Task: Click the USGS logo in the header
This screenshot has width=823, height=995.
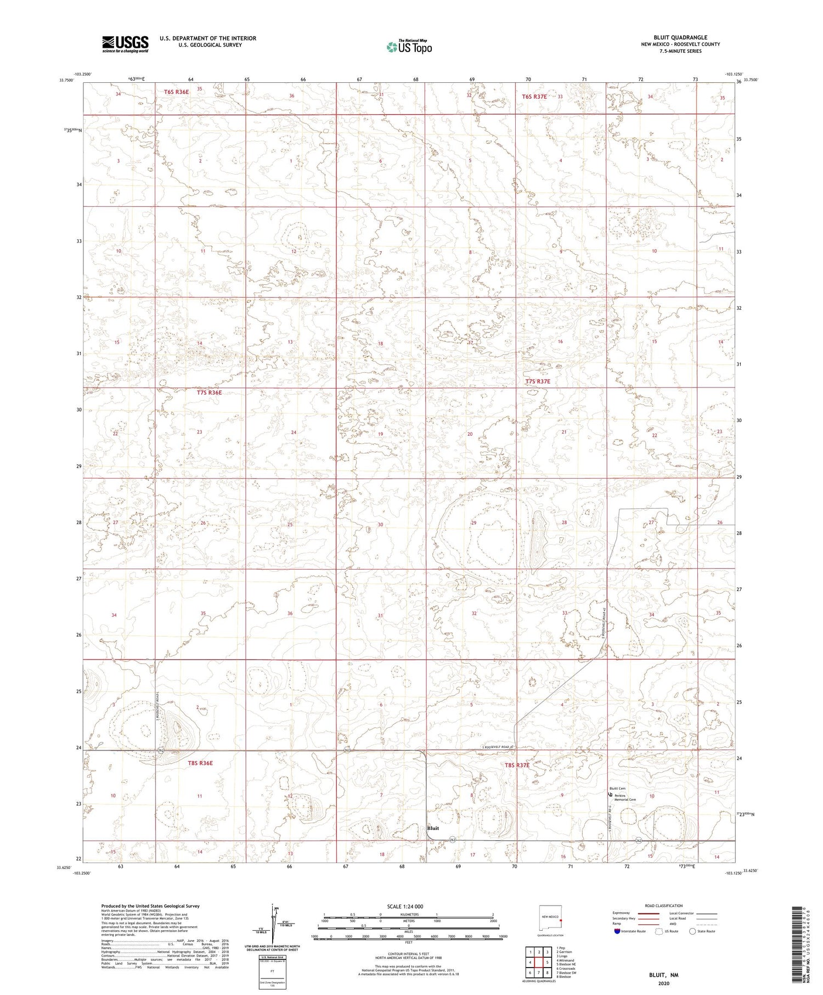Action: coord(125,44)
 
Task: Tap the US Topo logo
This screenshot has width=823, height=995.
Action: coord(409,47)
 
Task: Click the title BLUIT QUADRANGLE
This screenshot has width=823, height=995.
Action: coord(680,37)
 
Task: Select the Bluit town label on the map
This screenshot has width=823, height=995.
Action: coord(433,828)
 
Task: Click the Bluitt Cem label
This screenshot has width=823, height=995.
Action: coord(617,789)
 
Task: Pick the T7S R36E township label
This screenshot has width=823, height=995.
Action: coord(209,392)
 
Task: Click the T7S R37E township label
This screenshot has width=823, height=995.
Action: coord(537,381)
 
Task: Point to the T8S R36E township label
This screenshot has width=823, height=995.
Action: coord(200,763)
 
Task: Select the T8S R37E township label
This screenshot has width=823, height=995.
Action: coord(517,764)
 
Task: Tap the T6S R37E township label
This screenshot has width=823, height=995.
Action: coord(534,97)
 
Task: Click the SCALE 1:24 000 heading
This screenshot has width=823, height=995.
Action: coord(405,906)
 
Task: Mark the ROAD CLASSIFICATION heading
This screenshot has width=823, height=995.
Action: coord(663,906)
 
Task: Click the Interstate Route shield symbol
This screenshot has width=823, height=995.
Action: coord(617,931)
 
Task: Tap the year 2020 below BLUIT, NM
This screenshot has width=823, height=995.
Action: coord(663,983)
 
